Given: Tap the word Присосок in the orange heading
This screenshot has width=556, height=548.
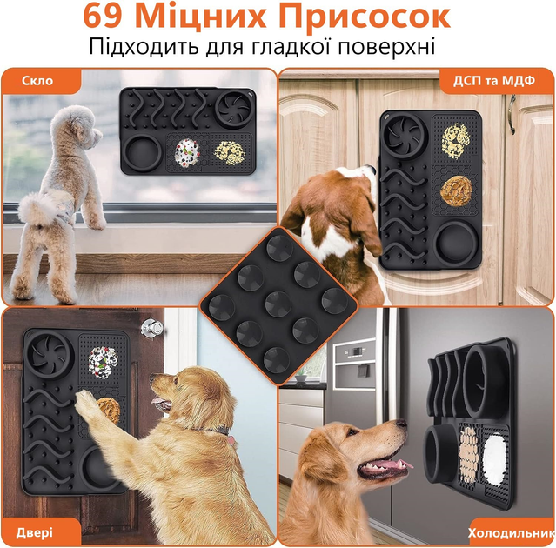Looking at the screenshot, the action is (365, 17).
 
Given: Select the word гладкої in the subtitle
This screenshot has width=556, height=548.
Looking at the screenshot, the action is (290, 46).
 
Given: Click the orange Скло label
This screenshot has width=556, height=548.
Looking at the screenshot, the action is (37, 81).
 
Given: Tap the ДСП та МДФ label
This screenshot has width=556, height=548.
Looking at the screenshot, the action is (494, 81).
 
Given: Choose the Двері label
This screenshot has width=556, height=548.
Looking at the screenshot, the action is (35, 532).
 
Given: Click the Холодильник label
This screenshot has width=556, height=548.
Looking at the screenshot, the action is (512, 532).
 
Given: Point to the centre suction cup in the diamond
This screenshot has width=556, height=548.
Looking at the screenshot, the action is (278, 304).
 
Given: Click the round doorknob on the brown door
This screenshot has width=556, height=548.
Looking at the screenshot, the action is (151, 328).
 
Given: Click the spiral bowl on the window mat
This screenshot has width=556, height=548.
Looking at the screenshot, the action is (235, 109).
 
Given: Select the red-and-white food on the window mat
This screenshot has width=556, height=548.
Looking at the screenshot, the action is (187, 152).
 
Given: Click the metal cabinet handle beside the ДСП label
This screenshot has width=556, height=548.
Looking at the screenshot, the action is (512, 114).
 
